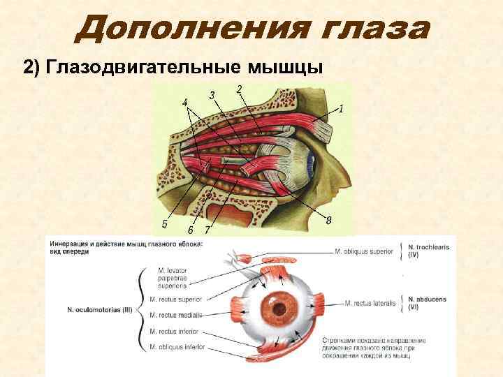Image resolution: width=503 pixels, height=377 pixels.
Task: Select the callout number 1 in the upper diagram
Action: point(342,108)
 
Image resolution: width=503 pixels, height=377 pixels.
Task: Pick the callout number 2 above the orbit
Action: point(240,89)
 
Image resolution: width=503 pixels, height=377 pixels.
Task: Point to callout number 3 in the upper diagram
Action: point(211,95)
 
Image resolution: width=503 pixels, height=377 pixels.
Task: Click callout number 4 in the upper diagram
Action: point(184,103)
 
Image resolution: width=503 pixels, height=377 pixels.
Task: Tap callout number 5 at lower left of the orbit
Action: point(164,223)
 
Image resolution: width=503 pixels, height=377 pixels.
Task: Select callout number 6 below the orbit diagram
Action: point(191,230)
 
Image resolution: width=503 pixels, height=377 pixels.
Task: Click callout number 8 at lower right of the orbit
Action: point(328,221)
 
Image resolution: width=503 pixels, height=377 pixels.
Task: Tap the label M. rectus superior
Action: point(173,299)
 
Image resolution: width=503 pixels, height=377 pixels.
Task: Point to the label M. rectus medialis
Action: point(173,315)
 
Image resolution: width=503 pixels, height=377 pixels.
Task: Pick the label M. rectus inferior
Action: point(173,331)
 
